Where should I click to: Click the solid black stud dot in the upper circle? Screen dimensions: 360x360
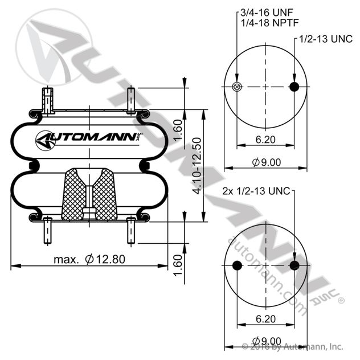tap(294, 87)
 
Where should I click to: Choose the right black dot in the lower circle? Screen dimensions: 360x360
tap(294, 266)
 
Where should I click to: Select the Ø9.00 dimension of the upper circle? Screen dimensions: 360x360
tap(266, 162)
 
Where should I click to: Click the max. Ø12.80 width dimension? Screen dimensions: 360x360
tap(89, 260)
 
